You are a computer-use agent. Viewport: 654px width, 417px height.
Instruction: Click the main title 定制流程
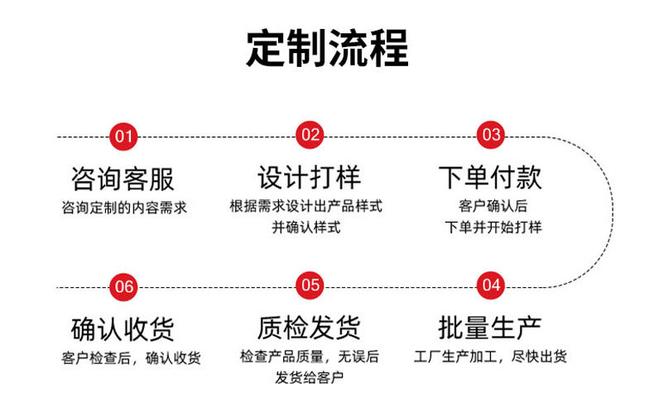327,49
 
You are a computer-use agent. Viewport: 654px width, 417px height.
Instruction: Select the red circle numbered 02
310,135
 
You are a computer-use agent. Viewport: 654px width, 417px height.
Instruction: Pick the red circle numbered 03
491,135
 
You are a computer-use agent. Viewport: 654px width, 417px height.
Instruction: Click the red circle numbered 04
491,285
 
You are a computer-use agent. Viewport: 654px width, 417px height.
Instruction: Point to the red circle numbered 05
310,285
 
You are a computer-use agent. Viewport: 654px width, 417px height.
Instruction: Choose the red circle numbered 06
124,286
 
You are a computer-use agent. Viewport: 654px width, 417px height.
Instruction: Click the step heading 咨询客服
124,178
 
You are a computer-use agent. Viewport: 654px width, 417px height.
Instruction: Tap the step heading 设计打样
308,178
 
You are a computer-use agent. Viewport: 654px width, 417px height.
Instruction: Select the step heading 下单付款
491,178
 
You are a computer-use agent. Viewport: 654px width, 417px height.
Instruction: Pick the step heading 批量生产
491,328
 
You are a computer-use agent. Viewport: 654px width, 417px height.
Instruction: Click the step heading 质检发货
308,328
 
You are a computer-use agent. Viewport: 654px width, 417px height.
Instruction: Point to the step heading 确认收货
124,328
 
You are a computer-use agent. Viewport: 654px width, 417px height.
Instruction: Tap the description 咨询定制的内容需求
124,207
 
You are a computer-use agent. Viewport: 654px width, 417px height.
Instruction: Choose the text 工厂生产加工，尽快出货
490,357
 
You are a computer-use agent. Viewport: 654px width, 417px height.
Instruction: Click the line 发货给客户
310,378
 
